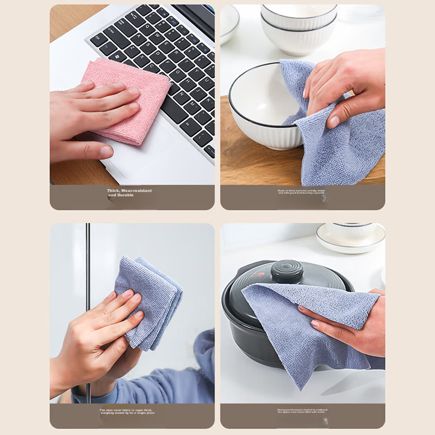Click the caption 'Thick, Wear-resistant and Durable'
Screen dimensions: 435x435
tap(129, 193)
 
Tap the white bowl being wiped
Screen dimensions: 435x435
tap(261, 109)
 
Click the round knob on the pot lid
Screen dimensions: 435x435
tap(287, 271)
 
